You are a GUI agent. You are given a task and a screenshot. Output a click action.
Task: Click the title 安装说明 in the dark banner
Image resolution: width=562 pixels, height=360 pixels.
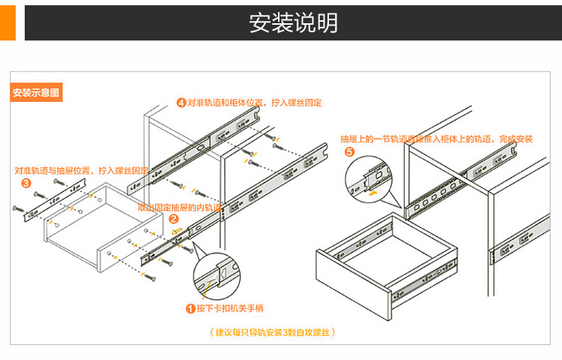click(293, 22)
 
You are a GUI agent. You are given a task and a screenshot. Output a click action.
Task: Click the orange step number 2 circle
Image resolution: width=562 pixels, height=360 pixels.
click(173, 220)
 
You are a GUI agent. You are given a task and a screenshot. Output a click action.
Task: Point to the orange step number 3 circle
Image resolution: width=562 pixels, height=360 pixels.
click(25, 182)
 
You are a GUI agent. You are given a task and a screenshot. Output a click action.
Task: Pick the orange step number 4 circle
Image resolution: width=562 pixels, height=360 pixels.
click(181, 102)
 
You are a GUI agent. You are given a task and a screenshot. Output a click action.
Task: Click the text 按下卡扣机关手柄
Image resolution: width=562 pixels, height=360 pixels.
click(229, 308)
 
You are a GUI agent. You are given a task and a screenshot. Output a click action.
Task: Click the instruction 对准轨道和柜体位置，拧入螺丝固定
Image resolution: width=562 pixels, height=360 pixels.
click(254, 102)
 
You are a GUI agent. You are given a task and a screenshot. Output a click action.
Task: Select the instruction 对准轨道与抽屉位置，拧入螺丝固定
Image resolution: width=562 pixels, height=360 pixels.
click(81, 170)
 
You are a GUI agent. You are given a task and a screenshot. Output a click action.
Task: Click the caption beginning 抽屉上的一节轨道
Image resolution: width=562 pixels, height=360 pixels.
click(436, 139)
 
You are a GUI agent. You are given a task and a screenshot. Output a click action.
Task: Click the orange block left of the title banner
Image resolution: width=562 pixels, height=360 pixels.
click(7, 22)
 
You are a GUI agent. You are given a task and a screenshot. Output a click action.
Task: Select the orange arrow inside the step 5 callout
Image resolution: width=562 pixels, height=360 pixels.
click(372, 192)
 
